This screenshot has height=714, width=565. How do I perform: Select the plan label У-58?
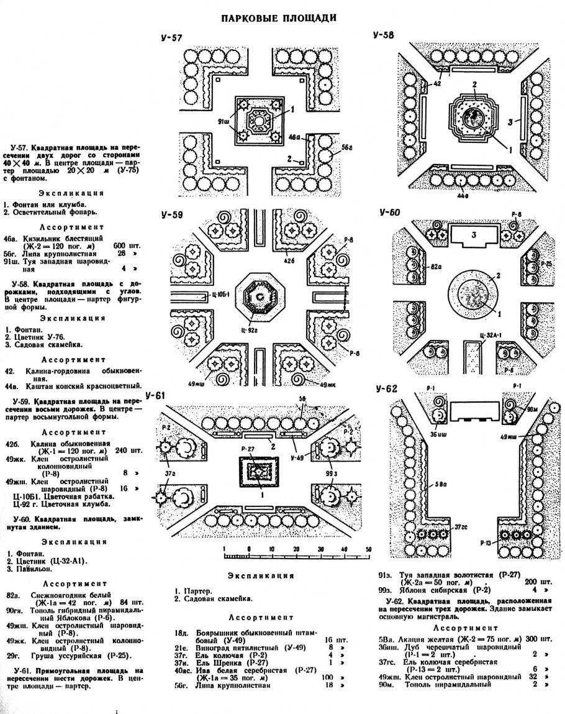(x=384, y=35)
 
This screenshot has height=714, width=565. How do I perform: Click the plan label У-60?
(x=390, y=213)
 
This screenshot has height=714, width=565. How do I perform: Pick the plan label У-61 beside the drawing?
(x=156, y=395)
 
